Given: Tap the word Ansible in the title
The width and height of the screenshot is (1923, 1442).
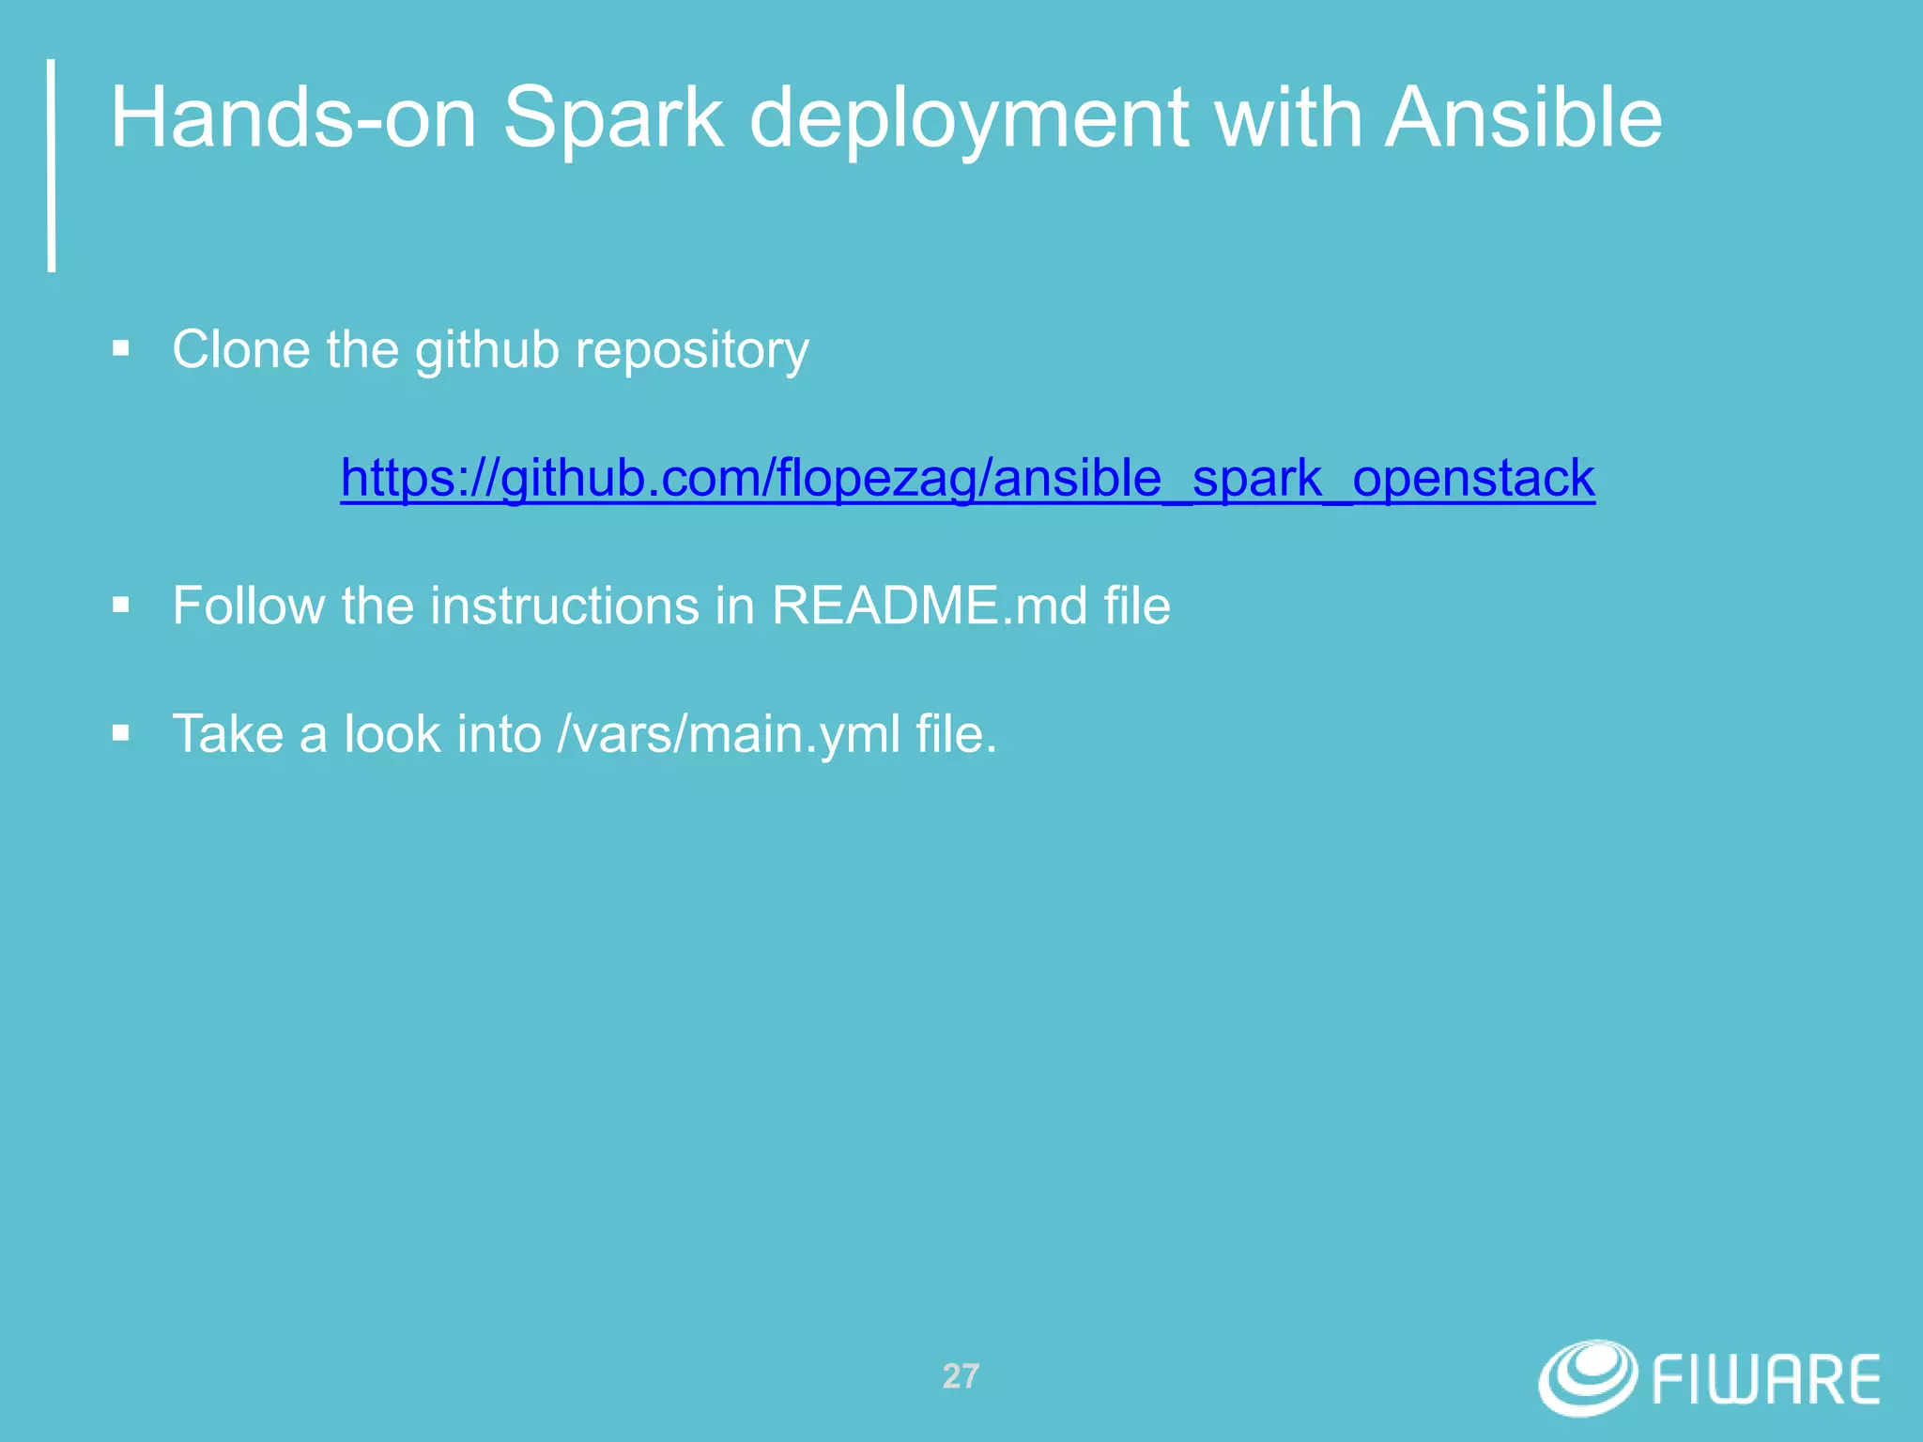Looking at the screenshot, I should [x=1523, y=118].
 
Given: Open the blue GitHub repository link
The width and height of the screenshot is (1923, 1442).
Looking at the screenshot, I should [x=967, y=479].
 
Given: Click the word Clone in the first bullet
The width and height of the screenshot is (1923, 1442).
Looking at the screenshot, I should [x=240, y=350].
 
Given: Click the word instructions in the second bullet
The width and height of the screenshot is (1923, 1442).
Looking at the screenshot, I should [x=564, y=606].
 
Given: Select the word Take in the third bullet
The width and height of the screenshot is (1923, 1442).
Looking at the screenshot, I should [x=227, y=734].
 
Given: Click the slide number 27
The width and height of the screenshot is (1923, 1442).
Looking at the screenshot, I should [x=961, y=1376].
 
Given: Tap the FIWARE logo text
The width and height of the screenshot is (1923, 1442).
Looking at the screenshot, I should [x=1765, y=1380].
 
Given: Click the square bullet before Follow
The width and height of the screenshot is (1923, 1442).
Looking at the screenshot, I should [x=120, y=606].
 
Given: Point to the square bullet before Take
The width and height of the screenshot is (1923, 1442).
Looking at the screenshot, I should [x=120, y=733].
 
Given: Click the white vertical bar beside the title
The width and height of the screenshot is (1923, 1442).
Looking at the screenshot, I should [x=52, y=165].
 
